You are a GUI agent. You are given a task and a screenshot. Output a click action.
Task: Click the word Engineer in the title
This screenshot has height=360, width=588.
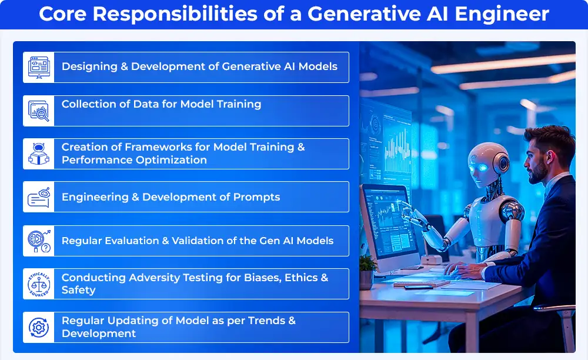(x=502, y=14)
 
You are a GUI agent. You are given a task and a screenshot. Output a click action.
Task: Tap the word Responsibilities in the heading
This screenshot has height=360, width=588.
(x=175, y=14)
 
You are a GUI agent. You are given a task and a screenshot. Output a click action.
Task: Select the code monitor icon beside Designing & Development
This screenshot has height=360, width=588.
(x=39, y=68)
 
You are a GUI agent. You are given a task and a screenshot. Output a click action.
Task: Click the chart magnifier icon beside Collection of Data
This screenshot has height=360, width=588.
(x=39, y=111)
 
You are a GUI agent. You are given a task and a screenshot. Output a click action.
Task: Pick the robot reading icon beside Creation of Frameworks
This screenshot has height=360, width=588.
(x=39, y=154)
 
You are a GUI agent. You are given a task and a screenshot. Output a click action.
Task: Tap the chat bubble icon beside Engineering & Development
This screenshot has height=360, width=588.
(x=39, y=197)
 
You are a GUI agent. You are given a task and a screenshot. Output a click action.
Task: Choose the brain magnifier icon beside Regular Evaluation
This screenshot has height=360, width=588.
(x=39, y=241)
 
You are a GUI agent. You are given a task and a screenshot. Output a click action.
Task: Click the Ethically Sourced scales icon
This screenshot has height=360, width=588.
(x=39, y=284)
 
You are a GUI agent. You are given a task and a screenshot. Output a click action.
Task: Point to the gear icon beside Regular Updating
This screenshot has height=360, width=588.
(x=39, y=328)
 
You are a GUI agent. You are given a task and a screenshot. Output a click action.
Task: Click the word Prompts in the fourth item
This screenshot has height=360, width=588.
(x=256, y=197)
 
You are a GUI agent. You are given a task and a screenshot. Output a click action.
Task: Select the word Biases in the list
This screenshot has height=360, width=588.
(x=262, y=278)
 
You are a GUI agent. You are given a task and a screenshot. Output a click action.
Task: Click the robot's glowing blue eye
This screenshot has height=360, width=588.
(x=483, y=168)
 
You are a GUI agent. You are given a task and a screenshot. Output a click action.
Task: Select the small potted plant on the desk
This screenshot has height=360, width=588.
(x=367, y=272)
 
